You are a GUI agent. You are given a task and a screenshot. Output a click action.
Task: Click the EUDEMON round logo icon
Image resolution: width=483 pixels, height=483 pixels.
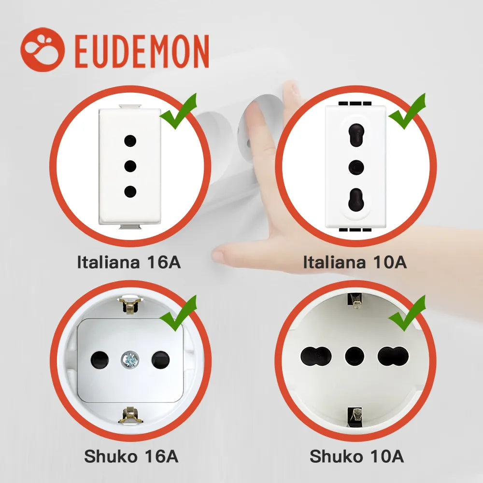click(x=43, y=50)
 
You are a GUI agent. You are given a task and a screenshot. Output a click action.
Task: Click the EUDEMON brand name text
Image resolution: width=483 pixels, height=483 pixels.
click(x=142, y=51)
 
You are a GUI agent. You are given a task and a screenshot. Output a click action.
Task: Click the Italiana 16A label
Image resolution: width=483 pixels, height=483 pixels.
click(x=129, y=263)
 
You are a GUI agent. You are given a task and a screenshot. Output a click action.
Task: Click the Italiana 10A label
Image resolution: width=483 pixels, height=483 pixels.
click(x=355, y=263)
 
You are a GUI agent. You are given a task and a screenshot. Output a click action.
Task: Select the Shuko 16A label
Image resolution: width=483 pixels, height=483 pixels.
click(x=131, y=456)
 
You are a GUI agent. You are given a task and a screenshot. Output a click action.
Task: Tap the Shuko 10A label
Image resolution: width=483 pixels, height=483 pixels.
click(x=357, y=456)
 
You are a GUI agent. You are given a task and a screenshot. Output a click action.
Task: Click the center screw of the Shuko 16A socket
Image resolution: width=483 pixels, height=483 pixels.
click(x=130, y=359)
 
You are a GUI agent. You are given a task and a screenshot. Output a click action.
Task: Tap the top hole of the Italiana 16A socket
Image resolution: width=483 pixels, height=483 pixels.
click(x=130, y=141)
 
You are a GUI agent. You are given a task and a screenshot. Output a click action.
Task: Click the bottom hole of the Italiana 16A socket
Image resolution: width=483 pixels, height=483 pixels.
click(x=130, y=191)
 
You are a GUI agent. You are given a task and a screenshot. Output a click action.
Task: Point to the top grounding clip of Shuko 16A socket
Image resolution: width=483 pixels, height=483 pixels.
click(x=130, y=305)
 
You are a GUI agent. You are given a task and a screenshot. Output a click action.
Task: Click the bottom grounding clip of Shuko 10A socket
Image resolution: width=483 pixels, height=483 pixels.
click(x=355, y=416)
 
